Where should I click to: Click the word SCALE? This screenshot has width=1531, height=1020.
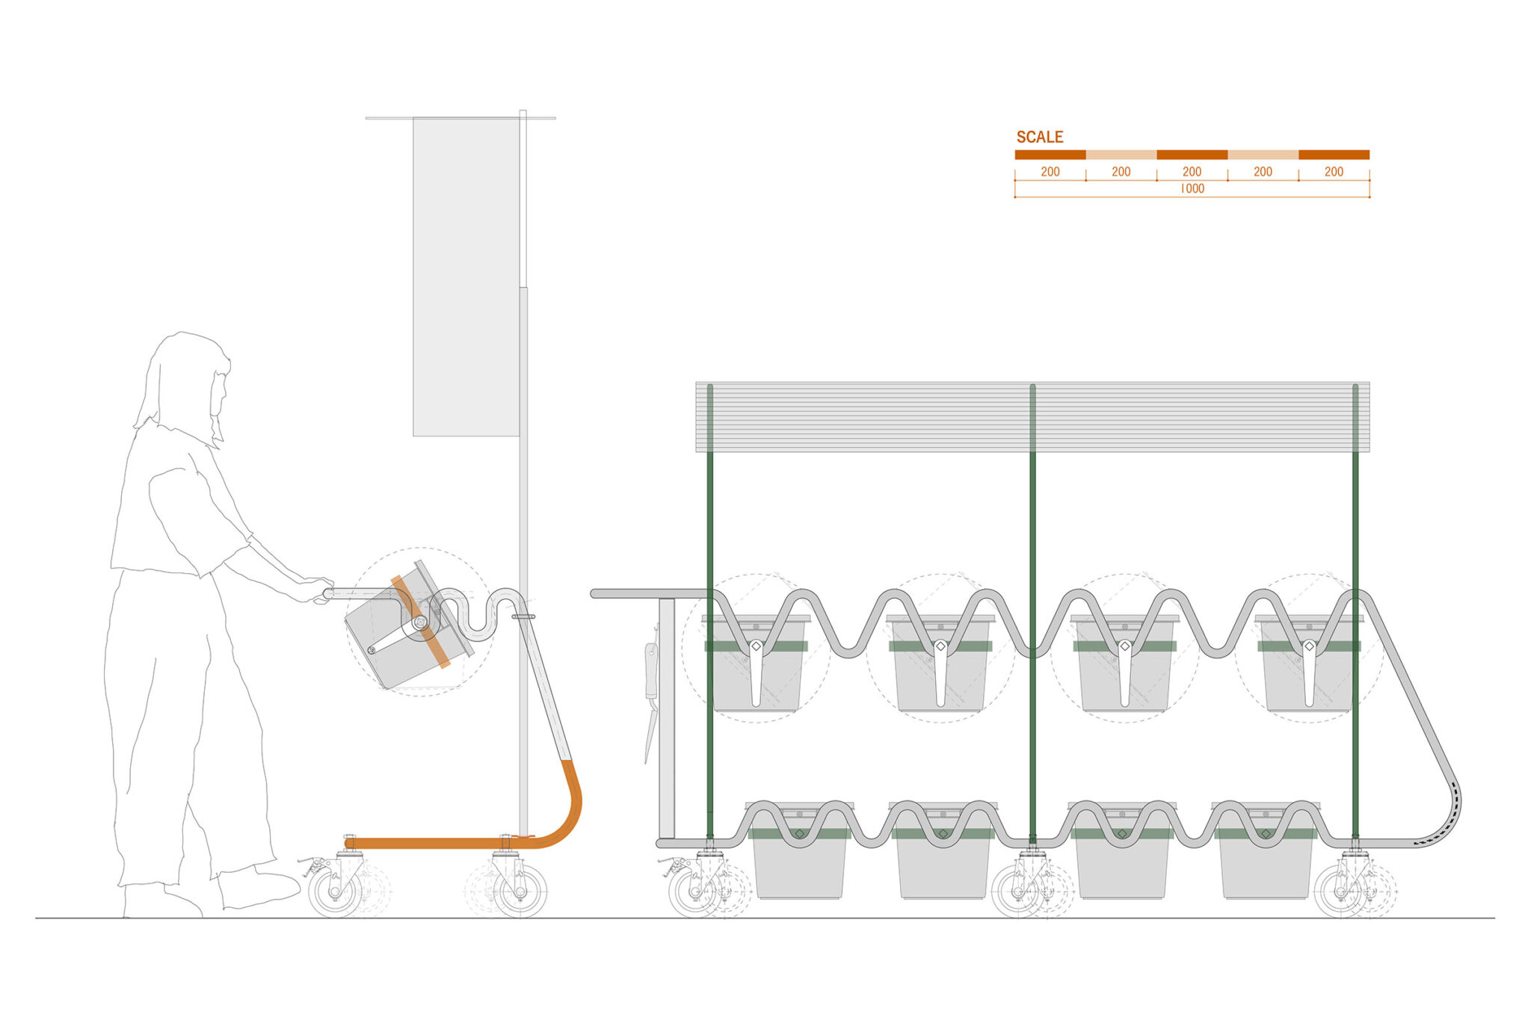[1039, 137]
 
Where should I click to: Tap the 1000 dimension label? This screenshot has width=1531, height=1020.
[1192, 188]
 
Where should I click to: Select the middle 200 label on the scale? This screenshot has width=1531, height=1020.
[1192, 171]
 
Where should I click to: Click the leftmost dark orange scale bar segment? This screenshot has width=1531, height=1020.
[1050, 155]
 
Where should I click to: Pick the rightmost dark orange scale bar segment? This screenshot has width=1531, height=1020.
[1334, 155]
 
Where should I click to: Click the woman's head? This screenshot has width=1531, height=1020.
[187, 381]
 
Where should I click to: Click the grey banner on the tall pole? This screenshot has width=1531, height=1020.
[466, 276]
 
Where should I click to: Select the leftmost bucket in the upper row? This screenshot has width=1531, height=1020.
[756, 665]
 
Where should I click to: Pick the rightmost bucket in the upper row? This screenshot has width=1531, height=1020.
[1308, 665]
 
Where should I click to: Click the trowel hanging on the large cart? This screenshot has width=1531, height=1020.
[650, 702]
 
